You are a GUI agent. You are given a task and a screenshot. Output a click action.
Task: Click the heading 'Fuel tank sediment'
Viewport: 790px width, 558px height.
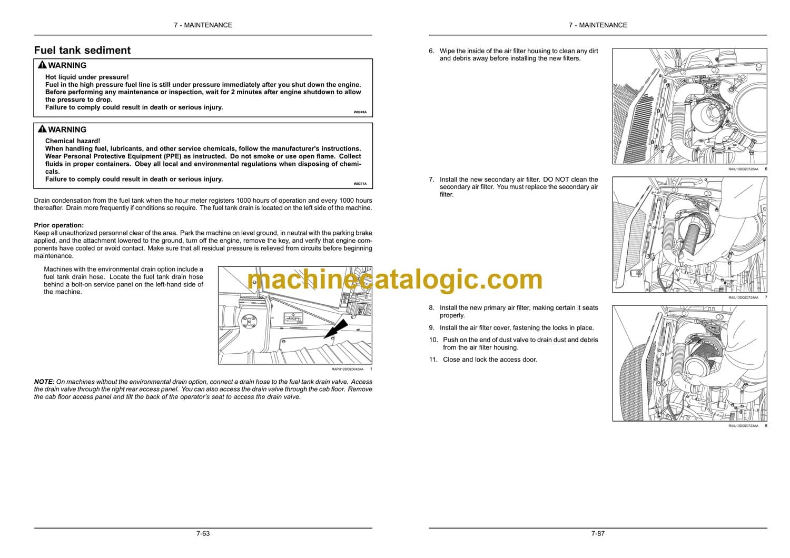click(x=82, y=51)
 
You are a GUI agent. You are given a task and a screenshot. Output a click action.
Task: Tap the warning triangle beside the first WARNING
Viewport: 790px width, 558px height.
click(x=42, y=65)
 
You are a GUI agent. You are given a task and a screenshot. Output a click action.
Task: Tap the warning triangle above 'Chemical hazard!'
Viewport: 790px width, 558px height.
click(x=42, y=129)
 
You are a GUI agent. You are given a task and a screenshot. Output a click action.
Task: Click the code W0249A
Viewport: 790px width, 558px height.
click(x=360, y=112)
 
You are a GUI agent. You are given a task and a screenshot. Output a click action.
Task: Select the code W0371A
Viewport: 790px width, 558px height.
click(x=360, y=184)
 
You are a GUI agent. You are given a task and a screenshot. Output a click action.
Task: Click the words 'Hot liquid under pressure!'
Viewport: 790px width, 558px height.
click(x=87, y=77)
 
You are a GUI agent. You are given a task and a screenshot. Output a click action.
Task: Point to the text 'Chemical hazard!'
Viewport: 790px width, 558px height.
click(x=73, y=141)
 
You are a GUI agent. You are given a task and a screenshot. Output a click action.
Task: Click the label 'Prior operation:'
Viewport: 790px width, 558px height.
click(x=59, y=225)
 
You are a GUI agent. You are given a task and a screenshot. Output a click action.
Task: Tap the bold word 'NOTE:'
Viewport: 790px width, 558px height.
click(x=44, y=382)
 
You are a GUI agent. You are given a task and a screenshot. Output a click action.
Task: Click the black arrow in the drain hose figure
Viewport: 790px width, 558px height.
click(x=336, y=330)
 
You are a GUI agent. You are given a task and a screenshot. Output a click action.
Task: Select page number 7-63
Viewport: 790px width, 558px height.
click(x=203, y=533)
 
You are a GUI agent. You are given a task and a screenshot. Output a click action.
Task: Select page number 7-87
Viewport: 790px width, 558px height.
click(x=598, y=533)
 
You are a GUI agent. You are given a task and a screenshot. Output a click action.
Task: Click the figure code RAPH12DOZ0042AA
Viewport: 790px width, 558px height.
click(x=348, y=369)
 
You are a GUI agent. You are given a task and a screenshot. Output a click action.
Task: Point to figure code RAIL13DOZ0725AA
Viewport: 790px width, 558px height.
click(x=744, y=169)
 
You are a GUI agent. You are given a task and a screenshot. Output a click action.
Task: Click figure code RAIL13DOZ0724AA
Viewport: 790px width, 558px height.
click(x=744, y=297)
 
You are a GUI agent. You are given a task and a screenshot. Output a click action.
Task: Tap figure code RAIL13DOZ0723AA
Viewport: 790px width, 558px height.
click(x=744, y=426)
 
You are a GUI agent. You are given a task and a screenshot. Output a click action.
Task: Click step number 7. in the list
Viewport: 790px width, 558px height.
click(x=432, y=180)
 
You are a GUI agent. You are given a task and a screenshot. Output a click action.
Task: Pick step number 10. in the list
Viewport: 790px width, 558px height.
click(x=433, y=340)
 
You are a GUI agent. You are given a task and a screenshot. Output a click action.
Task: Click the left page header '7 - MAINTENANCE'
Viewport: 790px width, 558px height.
click(x=203, y=25)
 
